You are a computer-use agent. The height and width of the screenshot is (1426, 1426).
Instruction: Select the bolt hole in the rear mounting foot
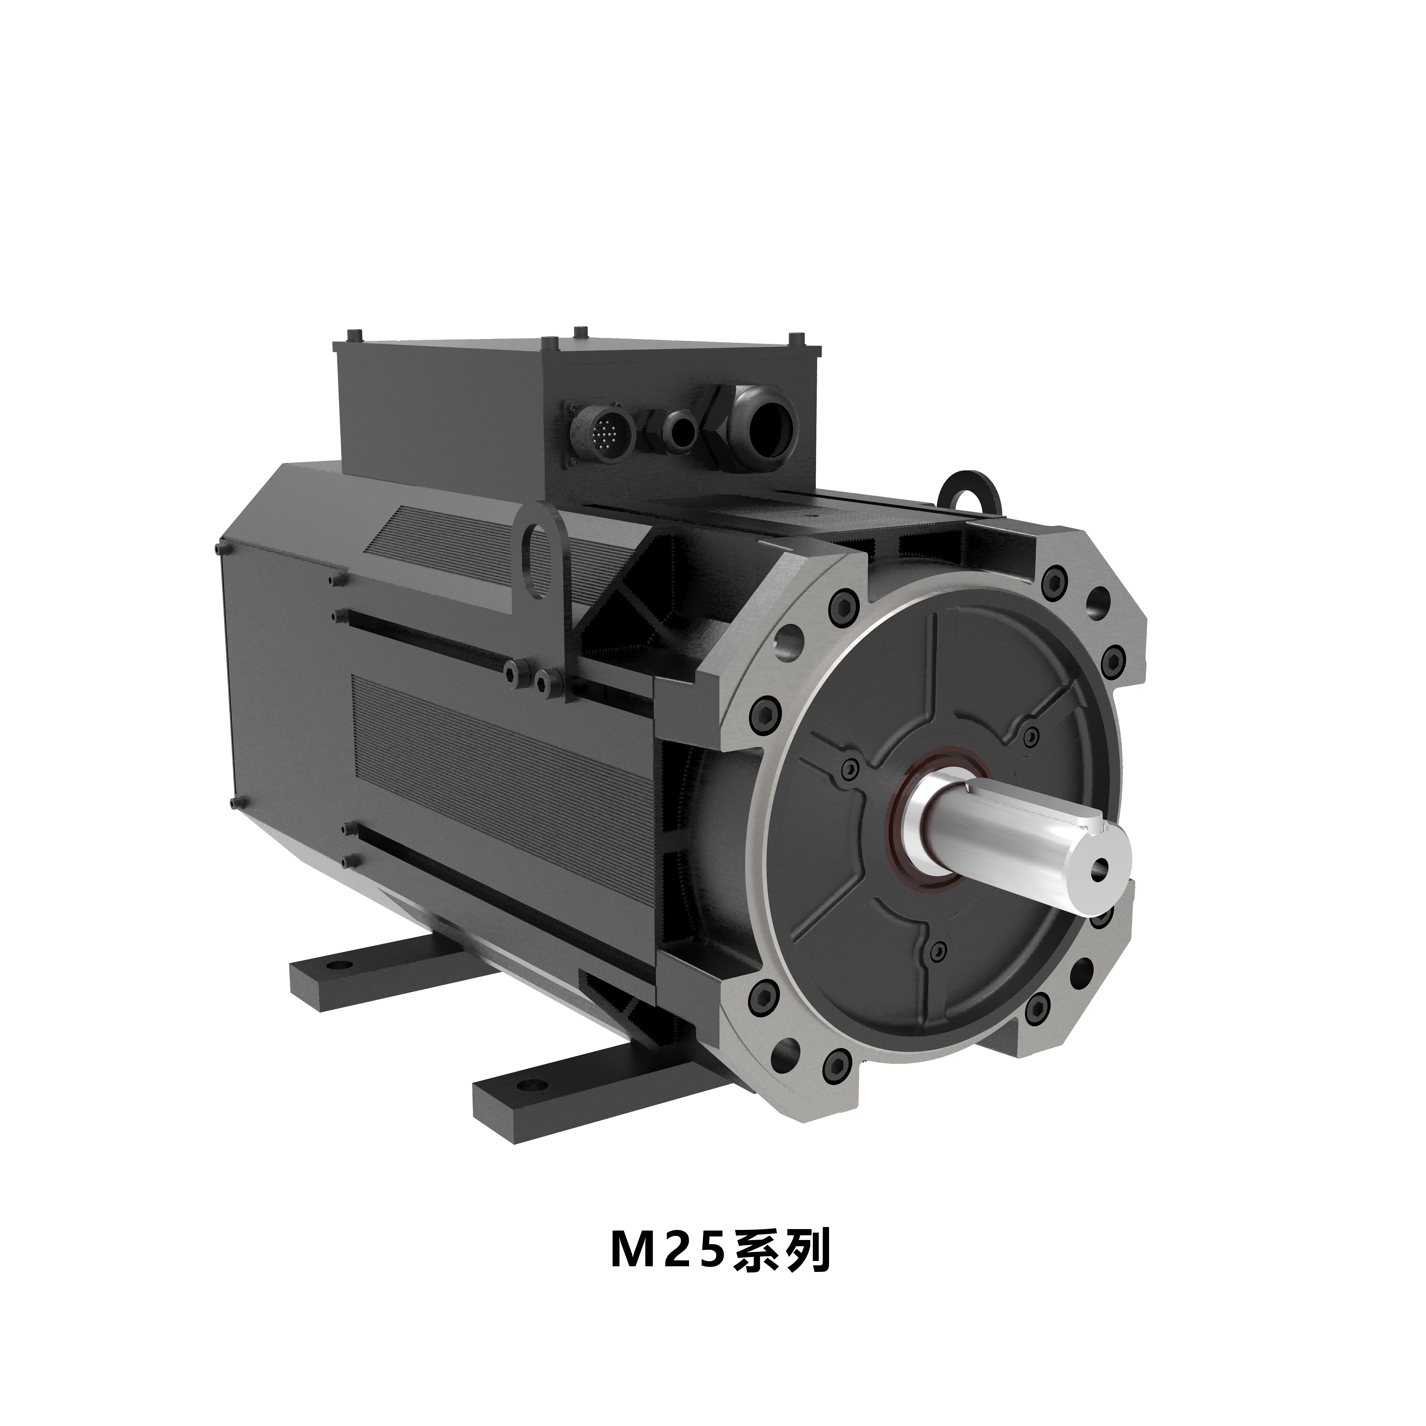pyautogui.click(x=340, y=965)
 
